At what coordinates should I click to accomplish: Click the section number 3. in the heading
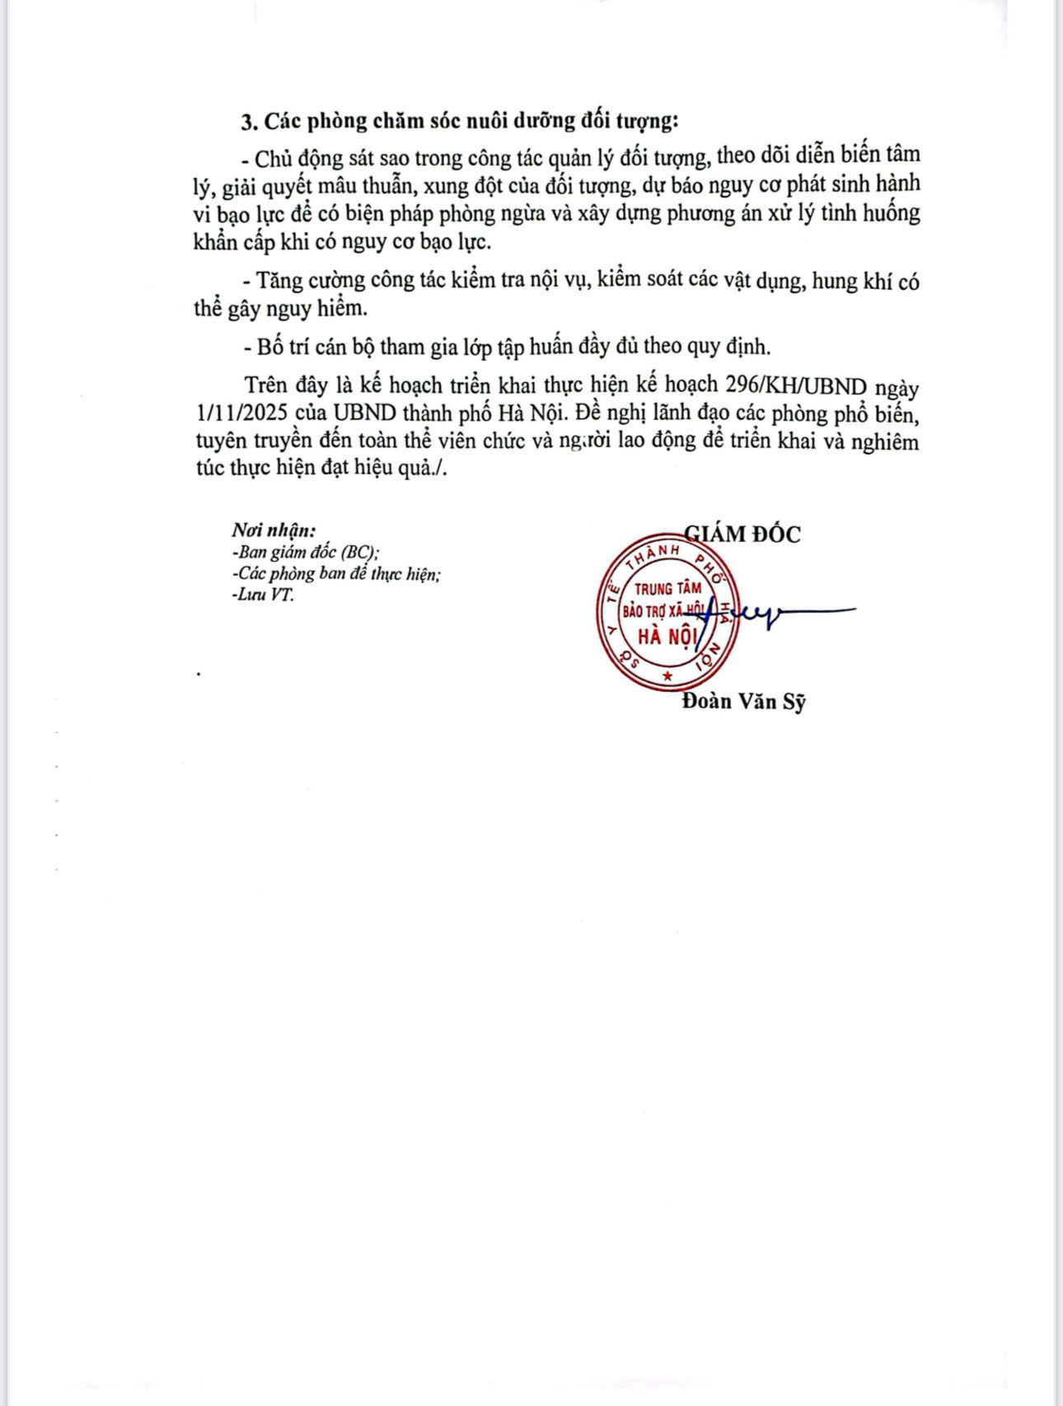pos(250,122)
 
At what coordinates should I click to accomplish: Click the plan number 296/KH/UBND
pos(797,386)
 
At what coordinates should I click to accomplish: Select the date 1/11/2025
pos(238,413)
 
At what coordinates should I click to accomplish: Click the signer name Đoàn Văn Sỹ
pos(744,702)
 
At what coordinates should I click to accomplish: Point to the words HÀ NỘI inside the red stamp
pos(667,636)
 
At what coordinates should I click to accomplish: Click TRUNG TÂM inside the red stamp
pos(667,589)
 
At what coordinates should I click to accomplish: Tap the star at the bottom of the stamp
pos(667,676)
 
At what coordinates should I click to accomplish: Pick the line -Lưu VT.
pos(262,595)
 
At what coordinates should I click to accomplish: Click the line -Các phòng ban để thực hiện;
pos(336,574)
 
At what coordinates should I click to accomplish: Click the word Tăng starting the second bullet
pos(278,281)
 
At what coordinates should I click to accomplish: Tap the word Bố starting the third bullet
pos(271,347)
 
